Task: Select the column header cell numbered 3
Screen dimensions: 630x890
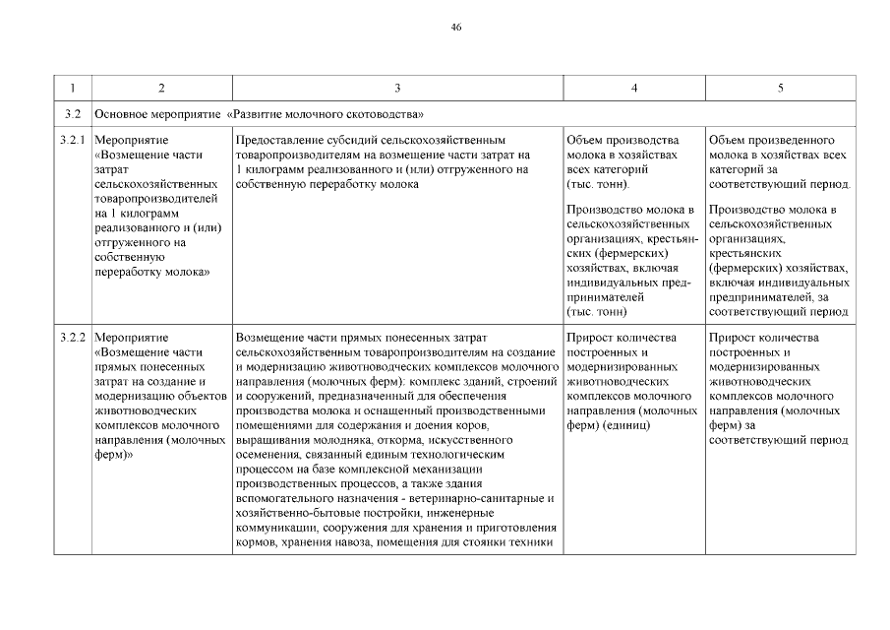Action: (396, 89)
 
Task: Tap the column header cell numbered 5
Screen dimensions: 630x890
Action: (780, 89)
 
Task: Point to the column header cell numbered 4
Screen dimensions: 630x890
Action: (633, 89)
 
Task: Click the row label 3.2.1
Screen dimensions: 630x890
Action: (73, 141)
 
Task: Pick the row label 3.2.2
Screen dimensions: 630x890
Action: (73, 338)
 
